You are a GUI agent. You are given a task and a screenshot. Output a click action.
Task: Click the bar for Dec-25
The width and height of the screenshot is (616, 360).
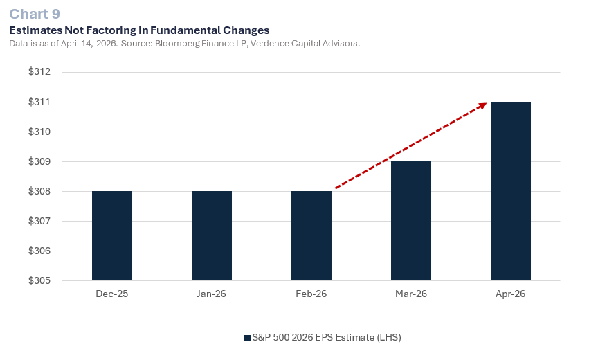[x=112, y=235]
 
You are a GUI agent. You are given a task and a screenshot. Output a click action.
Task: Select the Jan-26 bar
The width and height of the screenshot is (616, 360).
[x=212, y=235]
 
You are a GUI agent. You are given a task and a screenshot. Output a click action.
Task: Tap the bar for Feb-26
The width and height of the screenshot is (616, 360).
[x=311, y=235]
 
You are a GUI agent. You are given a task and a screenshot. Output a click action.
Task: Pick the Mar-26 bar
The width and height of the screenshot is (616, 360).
[x=411, y=221]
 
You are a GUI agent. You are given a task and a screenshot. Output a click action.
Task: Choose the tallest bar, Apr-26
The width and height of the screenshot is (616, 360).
[x=511, y=191]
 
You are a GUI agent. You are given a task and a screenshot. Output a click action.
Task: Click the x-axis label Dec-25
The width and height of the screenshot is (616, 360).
[x=112, y=294]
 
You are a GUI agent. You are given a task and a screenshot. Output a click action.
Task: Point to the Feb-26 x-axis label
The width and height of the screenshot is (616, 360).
[x=311, y=294]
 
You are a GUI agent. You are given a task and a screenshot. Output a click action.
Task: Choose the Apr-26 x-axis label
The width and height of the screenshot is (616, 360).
[x=511, y=294]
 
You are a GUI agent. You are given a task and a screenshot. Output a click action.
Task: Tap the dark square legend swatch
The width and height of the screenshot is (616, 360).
[x=246, y=338]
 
